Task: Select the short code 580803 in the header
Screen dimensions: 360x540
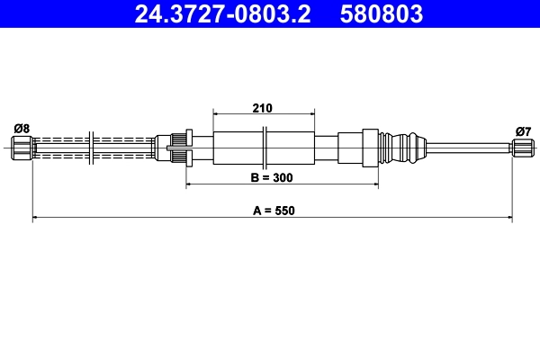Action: (381, 14)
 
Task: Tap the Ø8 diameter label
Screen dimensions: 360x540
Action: (22, 129)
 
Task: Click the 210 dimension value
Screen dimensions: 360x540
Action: (262, 107)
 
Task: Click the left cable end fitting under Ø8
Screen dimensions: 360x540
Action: (22, 146)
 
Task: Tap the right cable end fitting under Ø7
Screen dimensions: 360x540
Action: (521, 146)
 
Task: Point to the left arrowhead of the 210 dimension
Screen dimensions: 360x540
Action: (216, 114)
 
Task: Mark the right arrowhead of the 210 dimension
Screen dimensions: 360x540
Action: (311, 114)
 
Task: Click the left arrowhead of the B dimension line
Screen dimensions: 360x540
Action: (189, 184)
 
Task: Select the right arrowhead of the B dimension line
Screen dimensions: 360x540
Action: (373, 184)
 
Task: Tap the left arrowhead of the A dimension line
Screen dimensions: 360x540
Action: (36, 217)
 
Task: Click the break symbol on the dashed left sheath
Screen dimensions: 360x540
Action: (94, 147)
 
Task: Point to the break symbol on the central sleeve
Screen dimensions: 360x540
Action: (265, 146)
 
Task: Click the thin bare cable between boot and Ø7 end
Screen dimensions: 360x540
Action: (468, 146)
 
